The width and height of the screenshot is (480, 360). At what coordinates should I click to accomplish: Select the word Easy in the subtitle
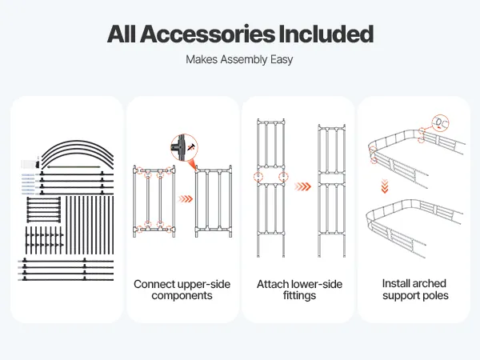point(281,59)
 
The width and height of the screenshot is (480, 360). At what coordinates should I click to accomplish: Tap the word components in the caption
point(183,296)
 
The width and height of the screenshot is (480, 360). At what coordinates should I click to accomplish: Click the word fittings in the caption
point(298,296)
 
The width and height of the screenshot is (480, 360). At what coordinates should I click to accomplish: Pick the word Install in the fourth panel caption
point(398,284)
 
